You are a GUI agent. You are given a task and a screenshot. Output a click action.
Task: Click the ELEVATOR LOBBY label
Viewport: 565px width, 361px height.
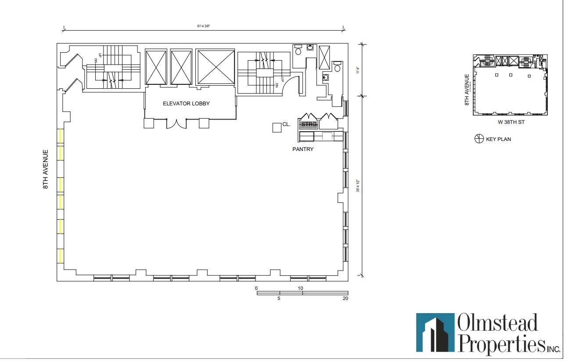(186, 104)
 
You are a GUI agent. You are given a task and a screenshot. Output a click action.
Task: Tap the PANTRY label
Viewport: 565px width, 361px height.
(303, 149)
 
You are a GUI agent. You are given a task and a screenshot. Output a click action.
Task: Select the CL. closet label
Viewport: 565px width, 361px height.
(286, 125)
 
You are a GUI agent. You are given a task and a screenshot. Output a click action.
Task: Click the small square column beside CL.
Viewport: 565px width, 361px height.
(277, 127)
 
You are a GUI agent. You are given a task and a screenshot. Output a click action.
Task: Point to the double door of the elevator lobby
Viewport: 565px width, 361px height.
(176, 124)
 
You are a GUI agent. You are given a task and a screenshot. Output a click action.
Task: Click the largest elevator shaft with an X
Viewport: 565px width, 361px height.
(216, 67)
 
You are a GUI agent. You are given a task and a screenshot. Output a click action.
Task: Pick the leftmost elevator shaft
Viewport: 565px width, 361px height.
(156, 67)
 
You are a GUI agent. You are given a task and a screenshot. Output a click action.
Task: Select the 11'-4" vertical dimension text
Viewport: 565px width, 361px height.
(358, 69)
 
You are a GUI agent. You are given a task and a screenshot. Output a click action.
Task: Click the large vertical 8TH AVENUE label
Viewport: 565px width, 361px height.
(45, 169)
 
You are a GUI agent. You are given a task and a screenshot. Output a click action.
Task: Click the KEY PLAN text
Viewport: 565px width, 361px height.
(498, 139)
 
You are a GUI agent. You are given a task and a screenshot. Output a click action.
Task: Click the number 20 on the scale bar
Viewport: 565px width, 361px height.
(345, 299)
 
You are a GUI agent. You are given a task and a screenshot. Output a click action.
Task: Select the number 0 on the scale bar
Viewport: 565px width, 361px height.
(256, 288)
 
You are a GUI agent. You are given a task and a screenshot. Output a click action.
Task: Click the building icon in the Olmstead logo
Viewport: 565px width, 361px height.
(435, 332)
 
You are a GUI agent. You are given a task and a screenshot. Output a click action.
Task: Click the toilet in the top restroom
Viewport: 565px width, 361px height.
(298, 50)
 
